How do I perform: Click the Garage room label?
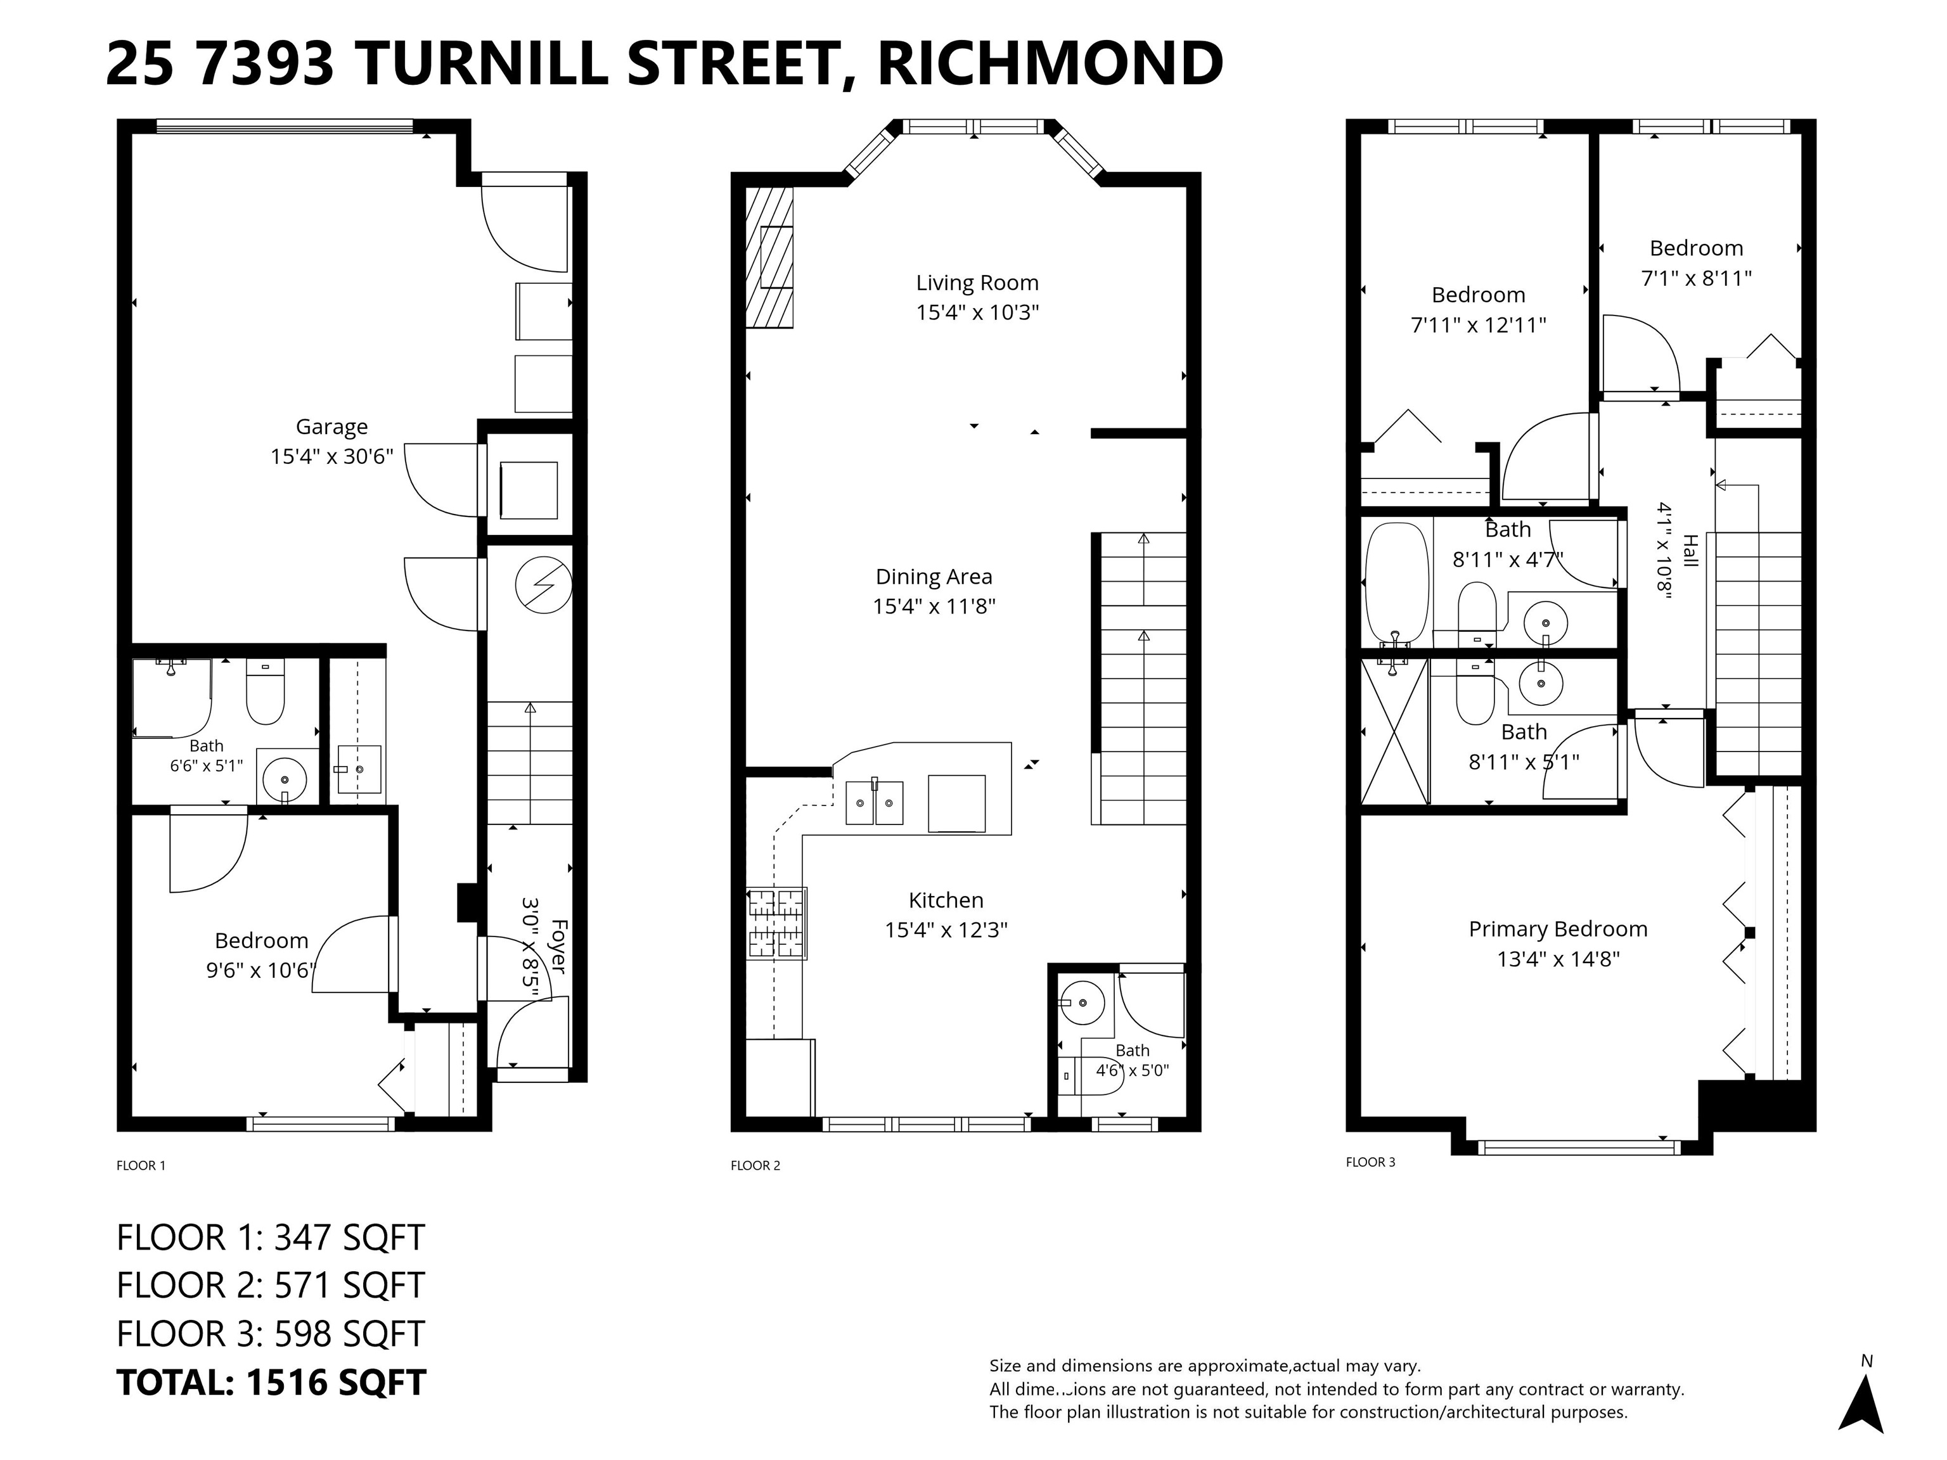tap(332, 427)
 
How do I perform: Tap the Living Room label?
tap(977, 283)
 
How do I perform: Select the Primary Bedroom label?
tap(1558, 930)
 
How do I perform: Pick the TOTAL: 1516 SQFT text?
tap(271, 1383)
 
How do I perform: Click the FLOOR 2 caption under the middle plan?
tap(755, 1166)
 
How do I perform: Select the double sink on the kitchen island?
tap(874, 802)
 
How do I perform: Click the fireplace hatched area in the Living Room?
tap(769, 257)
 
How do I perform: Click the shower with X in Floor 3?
tap(1394, 731)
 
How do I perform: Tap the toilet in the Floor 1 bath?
tap(265, 692)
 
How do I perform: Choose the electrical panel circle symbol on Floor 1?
tap(544, 586)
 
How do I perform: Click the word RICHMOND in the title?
tap(1050, 63)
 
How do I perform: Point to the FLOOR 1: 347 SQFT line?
tap(271, 1238)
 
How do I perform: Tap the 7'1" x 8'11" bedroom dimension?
tap(1696, 278)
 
